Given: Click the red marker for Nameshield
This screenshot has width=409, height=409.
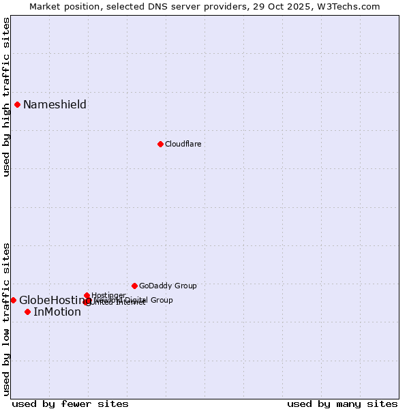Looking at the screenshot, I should [x=17, y=104].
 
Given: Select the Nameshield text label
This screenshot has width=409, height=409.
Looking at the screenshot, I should [x=55, y=104].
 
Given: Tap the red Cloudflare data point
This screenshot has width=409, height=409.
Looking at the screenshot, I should [x=160, y=144].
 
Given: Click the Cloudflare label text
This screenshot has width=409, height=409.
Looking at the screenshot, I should [x=183, y=144].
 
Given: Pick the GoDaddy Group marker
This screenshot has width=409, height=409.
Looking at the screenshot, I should [x=134, y=286].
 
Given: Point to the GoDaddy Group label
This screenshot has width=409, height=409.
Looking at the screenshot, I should [x=168, y=286].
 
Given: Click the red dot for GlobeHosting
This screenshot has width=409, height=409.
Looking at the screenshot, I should [x=13, y=300].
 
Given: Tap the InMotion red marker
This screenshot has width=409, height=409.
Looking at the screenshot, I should [x=27, y=312].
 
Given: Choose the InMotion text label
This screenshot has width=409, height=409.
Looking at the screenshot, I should [x=57, y=312].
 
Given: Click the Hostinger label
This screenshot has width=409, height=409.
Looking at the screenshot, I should [x=108, y=295].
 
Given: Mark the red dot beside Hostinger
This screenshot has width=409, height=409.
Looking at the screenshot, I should [x=87, y=295].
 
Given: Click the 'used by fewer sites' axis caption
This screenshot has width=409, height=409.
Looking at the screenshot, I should [x=70, y=404].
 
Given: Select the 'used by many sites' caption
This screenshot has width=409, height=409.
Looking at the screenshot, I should [x=342, y=404].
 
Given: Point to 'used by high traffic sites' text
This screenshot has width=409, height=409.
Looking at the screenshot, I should [x=6, y=97].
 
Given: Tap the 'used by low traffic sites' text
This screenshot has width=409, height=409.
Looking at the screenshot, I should [x=6, y=319].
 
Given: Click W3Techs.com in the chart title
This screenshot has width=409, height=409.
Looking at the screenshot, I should [x=352, y=6].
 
